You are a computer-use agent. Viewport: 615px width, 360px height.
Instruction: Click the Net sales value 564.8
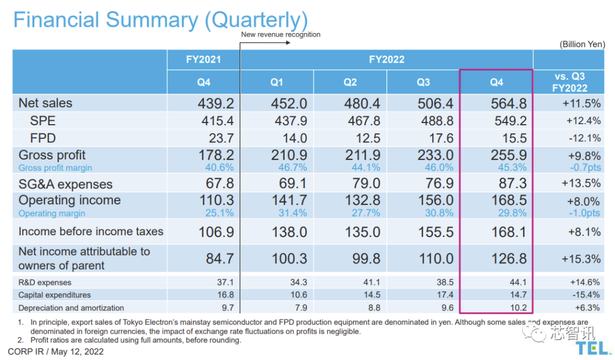(509, 104)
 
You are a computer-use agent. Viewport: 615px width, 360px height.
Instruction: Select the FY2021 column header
(203, 59)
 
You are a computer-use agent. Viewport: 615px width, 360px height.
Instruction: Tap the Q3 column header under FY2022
(423, 82)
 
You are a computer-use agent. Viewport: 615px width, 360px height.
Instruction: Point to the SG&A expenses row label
(65, 184)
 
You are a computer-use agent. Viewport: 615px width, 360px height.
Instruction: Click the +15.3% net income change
(581, 259)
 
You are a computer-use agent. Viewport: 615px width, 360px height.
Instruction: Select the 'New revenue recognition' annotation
(281, 34)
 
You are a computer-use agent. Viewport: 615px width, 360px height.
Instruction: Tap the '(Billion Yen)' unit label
(582, 44)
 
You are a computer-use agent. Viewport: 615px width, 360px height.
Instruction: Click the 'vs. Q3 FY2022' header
(569, 82)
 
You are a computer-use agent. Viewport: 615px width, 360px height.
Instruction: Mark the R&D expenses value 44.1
(517, 282)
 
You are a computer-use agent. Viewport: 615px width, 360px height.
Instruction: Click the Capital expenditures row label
(55, 295)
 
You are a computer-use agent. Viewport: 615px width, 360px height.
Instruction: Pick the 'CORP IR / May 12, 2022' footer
(56, 351)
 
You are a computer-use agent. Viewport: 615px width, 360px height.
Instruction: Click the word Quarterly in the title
(256, 20)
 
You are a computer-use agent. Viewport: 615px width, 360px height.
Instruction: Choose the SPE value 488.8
(436, 121)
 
